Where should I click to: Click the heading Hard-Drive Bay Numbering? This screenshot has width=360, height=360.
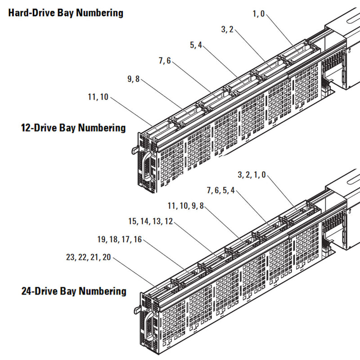tap(66, 13)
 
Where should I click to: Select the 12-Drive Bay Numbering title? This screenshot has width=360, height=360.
tap(73, 128)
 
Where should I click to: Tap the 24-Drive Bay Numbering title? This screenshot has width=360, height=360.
tap(74, 291)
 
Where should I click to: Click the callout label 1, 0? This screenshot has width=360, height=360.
tap(259, 13)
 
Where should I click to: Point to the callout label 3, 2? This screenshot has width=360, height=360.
tap(227, 30)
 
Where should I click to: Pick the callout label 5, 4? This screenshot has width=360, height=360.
tap(196, 45)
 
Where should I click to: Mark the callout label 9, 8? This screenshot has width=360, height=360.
tap(134, 79)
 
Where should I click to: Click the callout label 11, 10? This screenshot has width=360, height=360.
tap(99, 97)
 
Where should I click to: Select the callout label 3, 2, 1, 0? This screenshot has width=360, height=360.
tap(252, 175)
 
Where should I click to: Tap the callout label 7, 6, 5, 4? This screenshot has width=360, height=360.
tap(221, 190)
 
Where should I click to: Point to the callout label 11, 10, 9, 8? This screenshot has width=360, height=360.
tap(185, 206)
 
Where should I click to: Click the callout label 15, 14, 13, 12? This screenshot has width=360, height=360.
tap(150, 221)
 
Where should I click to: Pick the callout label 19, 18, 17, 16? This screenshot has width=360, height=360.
tap(119, 240)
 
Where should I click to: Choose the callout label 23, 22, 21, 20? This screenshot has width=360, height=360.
tap(88, 257)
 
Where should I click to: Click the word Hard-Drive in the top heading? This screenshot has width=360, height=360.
tap(30, 13)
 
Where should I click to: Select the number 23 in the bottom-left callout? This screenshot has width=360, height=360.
tap(70, 257)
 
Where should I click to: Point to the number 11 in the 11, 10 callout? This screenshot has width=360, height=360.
tap(92, 97)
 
